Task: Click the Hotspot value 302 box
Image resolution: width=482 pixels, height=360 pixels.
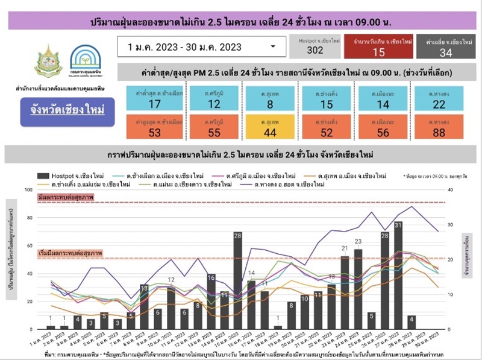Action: coord(315,46)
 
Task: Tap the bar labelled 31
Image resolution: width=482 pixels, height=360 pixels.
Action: coord(398,277)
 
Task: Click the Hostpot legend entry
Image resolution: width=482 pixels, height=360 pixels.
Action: coord(66,175)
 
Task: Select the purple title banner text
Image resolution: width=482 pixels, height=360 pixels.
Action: coord(240,22)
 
